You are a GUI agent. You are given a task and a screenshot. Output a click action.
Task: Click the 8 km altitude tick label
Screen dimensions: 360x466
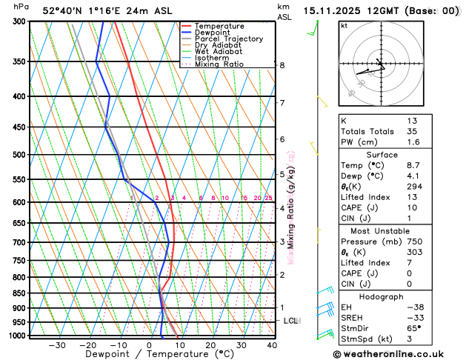point(282,65)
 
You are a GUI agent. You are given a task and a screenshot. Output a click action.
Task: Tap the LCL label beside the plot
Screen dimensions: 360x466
point(291,321)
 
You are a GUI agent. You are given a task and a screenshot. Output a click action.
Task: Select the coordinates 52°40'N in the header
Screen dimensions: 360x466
point(63,10)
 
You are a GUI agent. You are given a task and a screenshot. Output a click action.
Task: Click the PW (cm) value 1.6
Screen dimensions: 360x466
point(412,142)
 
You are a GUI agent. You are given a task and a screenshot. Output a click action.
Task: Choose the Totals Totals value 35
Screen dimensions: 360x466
point(412,131)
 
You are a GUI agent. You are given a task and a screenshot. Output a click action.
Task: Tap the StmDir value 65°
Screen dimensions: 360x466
point(413,327)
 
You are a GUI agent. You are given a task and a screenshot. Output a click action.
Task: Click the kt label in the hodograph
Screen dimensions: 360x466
point(344,25)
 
